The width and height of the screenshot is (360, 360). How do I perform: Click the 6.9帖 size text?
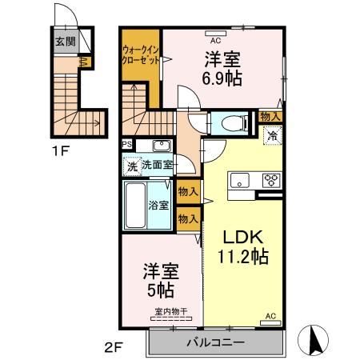(219, 78)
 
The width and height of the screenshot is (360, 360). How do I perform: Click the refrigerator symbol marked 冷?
(271, 136)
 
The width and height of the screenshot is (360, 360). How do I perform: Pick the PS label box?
(126, 144)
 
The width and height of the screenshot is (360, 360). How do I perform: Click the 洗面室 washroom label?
(158, 165)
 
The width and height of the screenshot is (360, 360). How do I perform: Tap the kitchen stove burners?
(270, 178)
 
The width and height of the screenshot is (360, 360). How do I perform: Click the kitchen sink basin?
(239, 181)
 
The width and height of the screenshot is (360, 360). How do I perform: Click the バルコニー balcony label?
(215, 342)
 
